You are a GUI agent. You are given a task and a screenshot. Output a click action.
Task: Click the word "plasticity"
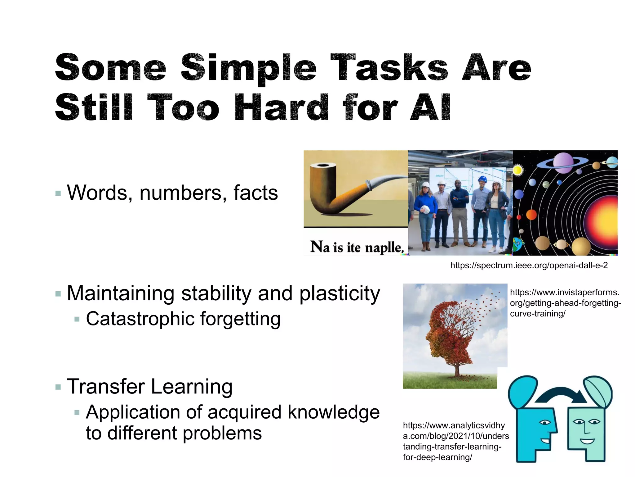click(x=340, y=293)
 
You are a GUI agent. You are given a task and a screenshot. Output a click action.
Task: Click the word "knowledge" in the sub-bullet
click(x=333, y=412)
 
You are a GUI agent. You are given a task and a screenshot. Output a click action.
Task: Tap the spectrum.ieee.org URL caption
click(x=529, y=266)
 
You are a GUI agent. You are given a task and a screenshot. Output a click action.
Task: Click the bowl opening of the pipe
click(x=323, y=166)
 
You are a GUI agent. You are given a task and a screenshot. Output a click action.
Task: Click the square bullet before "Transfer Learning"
click(x=58, y=387)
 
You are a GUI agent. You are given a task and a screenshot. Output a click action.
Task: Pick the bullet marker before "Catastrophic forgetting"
click(x=77, y=319)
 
